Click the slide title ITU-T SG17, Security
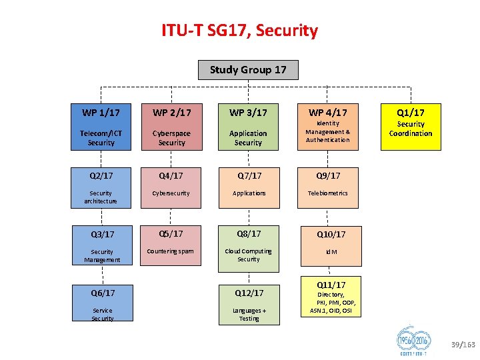coord(240,31)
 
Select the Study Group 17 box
coord(248,70)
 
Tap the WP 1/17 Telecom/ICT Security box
coord(101,126)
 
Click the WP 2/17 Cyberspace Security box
coord(172,126)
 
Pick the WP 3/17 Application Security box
coord(248,126)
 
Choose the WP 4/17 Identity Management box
coord(328,126)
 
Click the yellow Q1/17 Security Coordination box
coord(411,126)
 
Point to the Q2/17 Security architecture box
coord(101,186)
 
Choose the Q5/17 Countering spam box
coord(172,244)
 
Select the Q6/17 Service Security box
coord(101,304)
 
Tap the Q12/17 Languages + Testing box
coord(248,304)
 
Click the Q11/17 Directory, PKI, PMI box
coord(331,296)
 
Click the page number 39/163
coord(463,345)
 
